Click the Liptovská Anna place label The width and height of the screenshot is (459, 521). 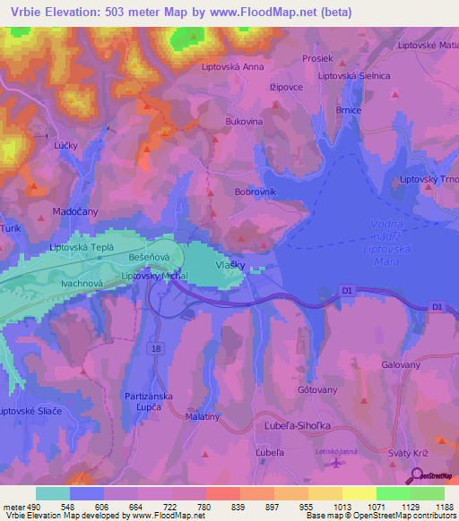click(x=233, y=66)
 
